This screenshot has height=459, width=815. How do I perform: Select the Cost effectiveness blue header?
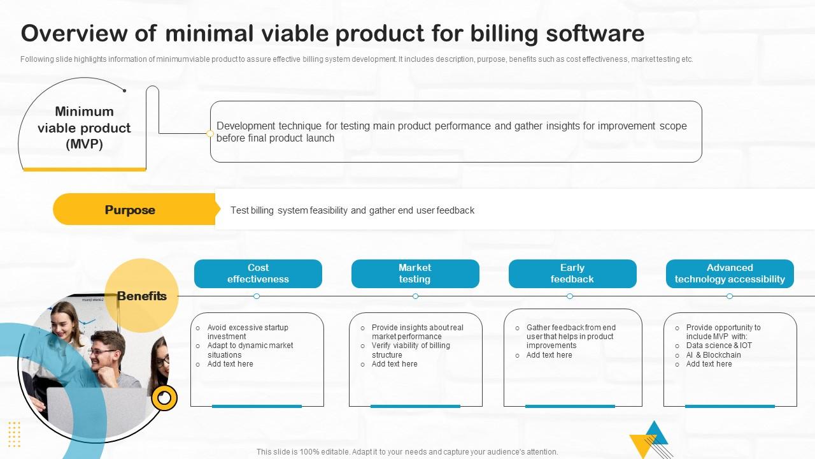click(258, 273)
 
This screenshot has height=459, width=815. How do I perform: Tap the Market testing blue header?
click(415, 273)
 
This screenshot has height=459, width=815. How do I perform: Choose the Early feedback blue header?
click(572, 273)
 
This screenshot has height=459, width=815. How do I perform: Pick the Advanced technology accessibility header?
click(730, 273)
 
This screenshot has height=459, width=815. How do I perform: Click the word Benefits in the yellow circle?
click(142, 296)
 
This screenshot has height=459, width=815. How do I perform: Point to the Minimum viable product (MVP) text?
click(84, 127)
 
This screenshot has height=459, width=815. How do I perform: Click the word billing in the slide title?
click(504, 34)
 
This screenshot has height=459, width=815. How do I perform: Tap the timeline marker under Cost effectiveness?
click(257, 296)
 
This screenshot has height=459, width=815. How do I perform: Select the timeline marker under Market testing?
click(416, 296)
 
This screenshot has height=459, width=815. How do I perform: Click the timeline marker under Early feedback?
click(570, 296)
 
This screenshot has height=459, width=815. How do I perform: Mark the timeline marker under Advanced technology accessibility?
click(730, 296)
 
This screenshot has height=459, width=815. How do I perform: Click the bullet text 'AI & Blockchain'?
click(713, 355)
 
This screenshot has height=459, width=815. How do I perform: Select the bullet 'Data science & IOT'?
click(719, 346)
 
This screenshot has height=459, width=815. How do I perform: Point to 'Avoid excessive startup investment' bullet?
click(248, 332)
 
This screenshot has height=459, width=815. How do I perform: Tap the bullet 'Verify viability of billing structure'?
click(411, 350)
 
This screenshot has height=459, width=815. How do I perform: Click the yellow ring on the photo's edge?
click(164, 398)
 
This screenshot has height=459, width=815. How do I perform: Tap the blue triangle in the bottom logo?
click(655, 433)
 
